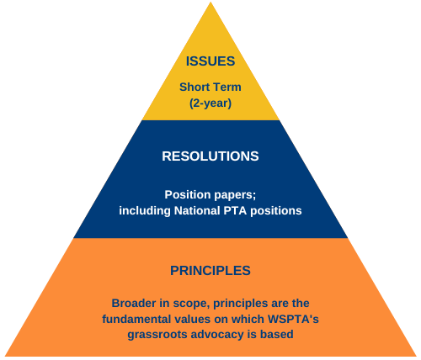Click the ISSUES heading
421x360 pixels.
point(210,61)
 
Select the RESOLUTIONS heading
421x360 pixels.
point(210,156)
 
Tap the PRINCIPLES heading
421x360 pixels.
point(210,271)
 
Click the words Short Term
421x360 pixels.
point(210,87)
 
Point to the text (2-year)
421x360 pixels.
point(210,103)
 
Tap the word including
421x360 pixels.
point(145,210)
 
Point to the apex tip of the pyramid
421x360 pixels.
point(210,3)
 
